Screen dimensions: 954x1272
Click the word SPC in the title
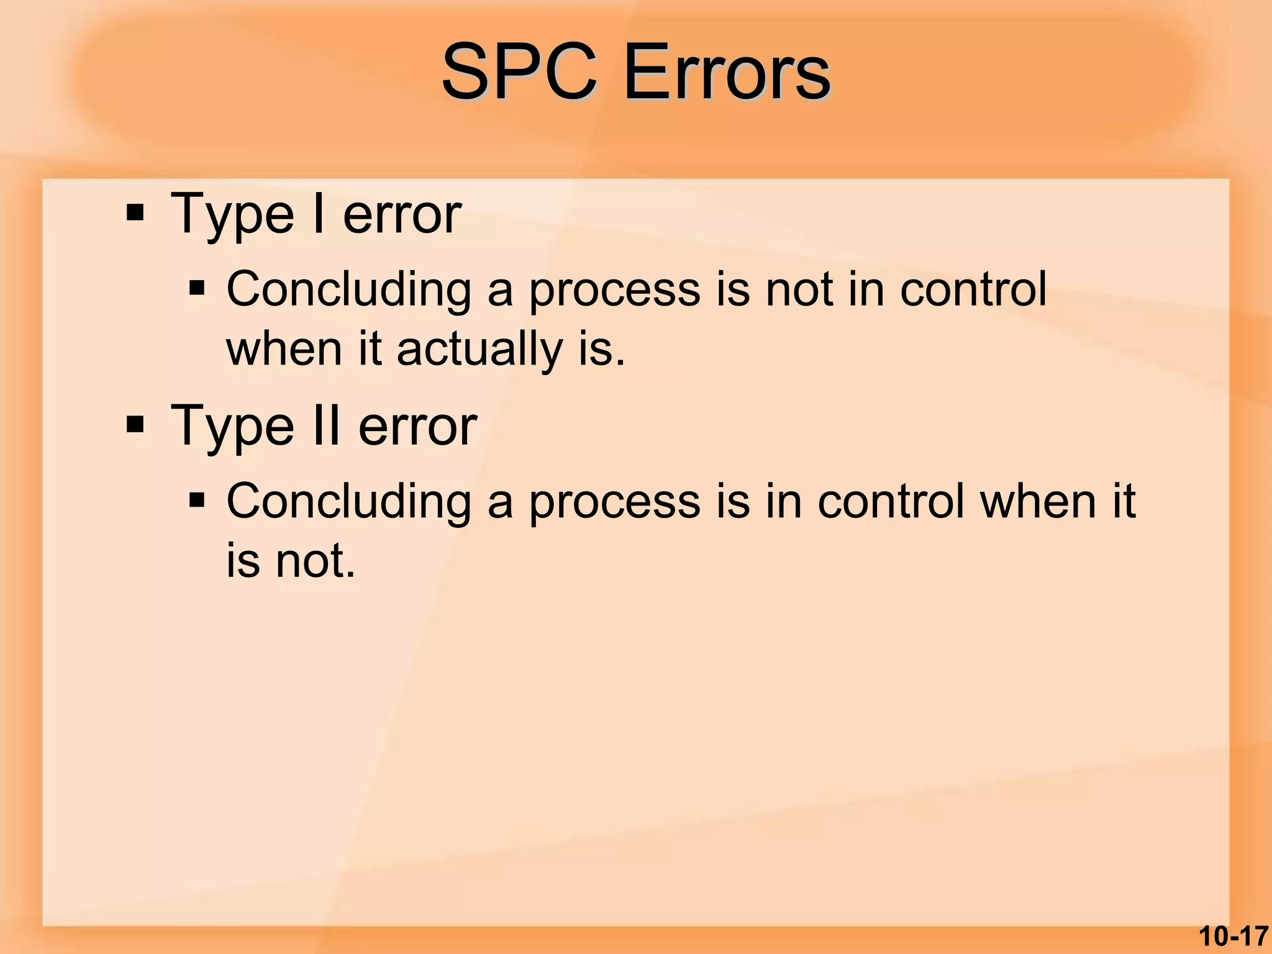tap(519, 73)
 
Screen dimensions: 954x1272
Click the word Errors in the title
tap(726, 73)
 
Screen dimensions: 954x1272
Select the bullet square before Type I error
tap(135, 214)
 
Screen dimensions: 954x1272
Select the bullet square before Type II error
tap(135, 426)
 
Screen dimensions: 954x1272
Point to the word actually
tap(479, 349)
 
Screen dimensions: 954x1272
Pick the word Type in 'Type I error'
tap(232, 215)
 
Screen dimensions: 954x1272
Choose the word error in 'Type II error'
tap(417, 427)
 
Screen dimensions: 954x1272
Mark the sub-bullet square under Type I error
tap(197, 288)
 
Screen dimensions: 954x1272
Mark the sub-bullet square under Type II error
tap(197, 500)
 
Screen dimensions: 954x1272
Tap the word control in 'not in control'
tap(973, 289)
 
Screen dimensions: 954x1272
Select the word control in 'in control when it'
tap(891, 501)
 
